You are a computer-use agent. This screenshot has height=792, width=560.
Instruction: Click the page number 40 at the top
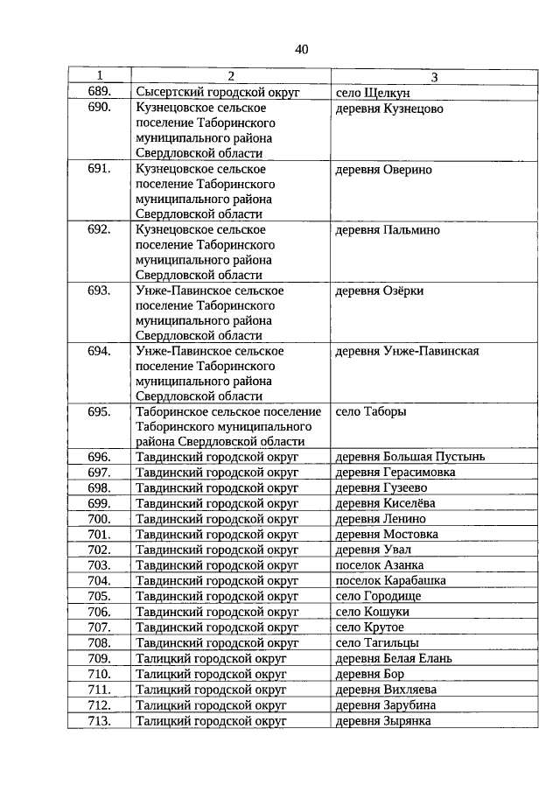coord(301,49)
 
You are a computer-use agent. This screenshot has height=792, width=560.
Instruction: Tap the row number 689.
coord(99,92)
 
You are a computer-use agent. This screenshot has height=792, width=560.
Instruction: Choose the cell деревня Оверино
coord(383,169)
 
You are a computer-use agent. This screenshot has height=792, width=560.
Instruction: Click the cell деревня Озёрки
coord(380,291)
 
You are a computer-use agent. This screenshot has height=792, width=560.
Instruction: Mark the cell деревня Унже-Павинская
coord(407,352)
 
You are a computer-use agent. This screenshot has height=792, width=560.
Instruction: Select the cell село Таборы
coord(371,411)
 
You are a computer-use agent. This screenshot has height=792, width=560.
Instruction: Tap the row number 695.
coord(99,411)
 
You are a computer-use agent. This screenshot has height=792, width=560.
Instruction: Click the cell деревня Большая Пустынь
coord(410,457)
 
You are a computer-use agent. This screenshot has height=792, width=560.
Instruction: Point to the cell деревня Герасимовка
coord(395,473)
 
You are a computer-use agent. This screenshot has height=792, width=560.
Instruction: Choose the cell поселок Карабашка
coord(391,580)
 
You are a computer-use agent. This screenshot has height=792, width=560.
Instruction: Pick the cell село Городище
coord(378,596)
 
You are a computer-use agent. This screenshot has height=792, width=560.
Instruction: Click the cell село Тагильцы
coord(377,642)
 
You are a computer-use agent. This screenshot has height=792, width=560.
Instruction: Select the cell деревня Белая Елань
coord(394,658)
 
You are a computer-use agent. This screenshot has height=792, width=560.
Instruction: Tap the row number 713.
coord(99,720)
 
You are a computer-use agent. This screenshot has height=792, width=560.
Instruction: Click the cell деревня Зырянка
coord(383,720)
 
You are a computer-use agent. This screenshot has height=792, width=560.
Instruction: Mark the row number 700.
coord(99,519)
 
